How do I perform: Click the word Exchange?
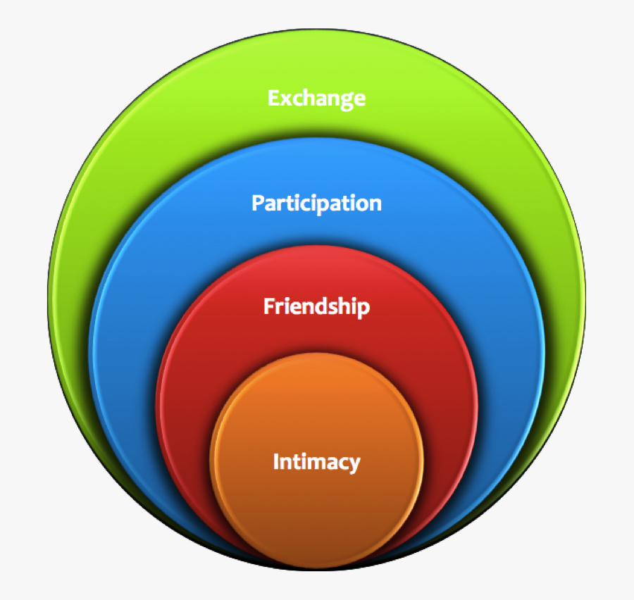coord(316,97)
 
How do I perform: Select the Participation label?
coord(316,204)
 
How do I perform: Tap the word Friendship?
coord(316,307)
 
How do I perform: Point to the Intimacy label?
coord(316,462)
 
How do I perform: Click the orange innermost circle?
coord(316,507)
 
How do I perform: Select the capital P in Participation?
coord(258,204)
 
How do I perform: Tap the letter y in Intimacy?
coord(354,464)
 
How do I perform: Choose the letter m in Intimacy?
coord(312,463)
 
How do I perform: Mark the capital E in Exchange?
coord(273,97)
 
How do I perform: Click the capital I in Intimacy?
coord(276,462)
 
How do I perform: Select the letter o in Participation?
coord(358,204)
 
